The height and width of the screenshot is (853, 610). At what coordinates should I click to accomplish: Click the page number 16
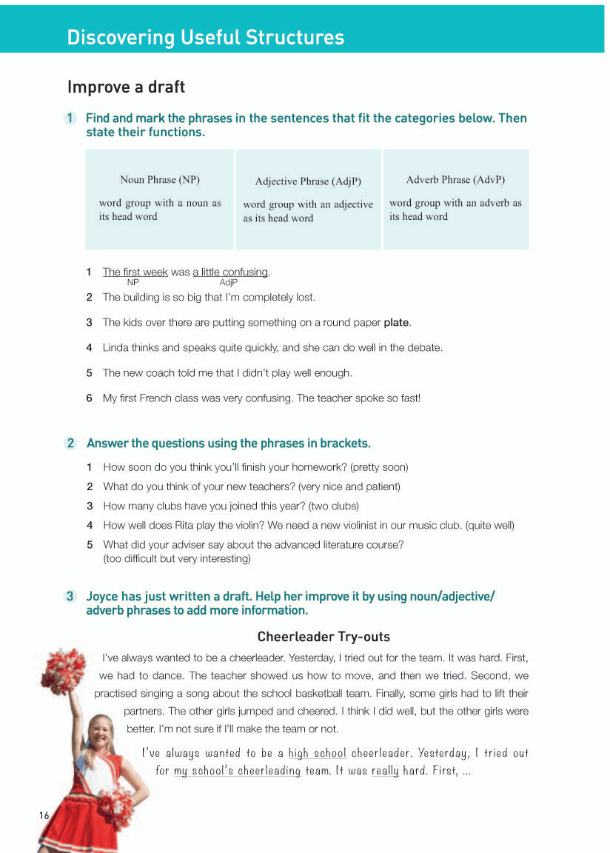click(x=44, y=815)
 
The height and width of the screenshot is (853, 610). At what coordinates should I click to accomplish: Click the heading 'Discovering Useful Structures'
click(x=205, y=38)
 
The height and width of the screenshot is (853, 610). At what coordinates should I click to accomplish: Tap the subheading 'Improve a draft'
click(x=126, y=87)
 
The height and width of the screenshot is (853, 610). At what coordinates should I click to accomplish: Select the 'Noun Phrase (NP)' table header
click(x=160, y=180)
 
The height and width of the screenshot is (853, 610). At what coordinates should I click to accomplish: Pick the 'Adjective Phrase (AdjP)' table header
click(x=308, y=181)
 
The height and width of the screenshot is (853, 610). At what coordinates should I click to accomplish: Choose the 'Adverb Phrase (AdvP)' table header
click(x=455, y=180)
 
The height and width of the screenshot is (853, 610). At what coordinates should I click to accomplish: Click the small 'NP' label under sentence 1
click(x=133, y=282)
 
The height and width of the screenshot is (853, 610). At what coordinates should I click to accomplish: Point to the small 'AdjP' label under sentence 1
click(x=229, y=282)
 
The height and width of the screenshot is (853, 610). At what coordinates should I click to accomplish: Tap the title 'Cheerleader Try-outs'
click(x=324, y=637)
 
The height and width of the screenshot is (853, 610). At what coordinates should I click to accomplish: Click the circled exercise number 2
click(x=71, y=444)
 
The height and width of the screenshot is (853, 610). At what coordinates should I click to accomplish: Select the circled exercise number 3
click(x=71, y=596)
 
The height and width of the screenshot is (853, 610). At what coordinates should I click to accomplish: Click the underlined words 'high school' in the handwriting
click(x=317, y=753)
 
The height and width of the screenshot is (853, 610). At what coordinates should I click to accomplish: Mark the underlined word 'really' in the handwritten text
click(x=385, y=771)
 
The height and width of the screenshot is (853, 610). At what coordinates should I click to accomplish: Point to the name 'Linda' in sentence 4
click(x=116, y=347)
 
